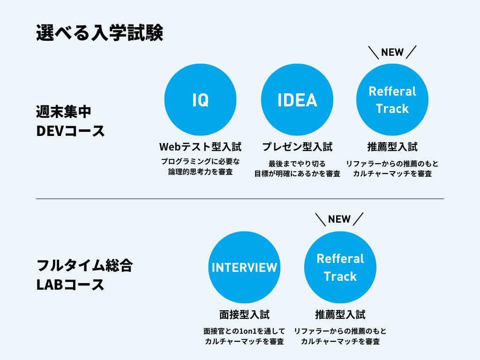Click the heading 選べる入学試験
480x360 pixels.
[99, 34]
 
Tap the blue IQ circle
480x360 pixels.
[201, 100]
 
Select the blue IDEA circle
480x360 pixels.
[297, 100]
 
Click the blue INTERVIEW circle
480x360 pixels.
[245, 267]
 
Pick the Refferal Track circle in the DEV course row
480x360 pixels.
[392, 100]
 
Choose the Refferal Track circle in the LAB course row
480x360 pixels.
[340, 267]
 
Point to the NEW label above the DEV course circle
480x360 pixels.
[392, 52]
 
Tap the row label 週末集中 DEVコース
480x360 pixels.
[71, 121]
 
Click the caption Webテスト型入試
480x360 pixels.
[200, 147]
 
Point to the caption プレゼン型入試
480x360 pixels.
[297, 147]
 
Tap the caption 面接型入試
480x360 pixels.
[245, 314]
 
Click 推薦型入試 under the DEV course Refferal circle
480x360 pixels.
[392, 147]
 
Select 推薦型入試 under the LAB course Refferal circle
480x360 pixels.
[340, 314]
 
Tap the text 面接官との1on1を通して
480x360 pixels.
[245, 331]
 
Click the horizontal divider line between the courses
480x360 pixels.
[240, 199]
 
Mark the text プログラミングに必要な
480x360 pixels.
[200, 162]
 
